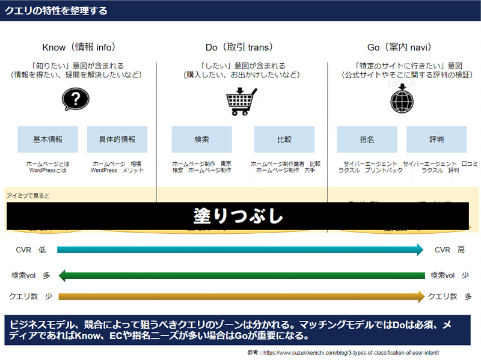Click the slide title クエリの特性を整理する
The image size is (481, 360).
(x=57, y=11)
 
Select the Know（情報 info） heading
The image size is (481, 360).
(x=79, y=47)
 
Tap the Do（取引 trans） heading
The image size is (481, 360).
(x=239, y=47)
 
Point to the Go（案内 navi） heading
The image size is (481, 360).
(x=400, y=47)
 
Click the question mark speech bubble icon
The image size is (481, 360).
(x=75, y=99)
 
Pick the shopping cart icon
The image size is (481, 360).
(x=241, y=101)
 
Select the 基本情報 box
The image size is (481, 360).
(x=47, y=139)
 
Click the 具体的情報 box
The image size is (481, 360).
(x=117, y=139)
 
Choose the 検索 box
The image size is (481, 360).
(x=201, y=139)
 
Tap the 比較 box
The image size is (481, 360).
(x=284, y=139)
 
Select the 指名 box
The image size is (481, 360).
(x=367, y=139)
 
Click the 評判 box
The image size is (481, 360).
(x=437, y=139)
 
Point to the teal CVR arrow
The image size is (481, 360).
(x=240, y=250)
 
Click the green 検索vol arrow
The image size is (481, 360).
(x=240, y=275)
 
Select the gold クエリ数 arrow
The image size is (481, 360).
(x=240, y=296)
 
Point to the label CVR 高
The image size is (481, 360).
(x=450, y=250)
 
